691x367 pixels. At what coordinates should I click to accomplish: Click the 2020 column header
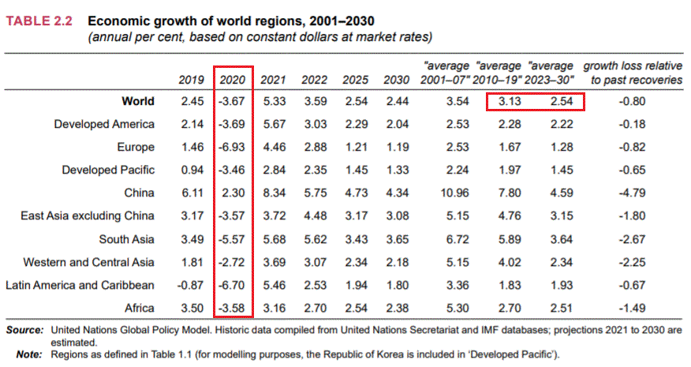click(x=233, y=80)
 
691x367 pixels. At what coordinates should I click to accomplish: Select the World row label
click(x=138, y=101)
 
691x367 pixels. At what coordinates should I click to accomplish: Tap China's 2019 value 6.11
click(x=192, y=193)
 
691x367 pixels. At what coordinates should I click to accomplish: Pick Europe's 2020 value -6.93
click(x=233, y=147)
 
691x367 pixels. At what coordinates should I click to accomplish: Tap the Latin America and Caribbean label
click(x=89, y=284)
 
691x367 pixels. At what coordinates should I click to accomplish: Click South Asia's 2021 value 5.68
click(x=273, y=238)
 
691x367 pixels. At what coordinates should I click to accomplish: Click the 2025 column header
click(x=355, y=80)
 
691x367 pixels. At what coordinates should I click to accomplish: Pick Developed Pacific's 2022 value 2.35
click(x=314, y=170)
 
